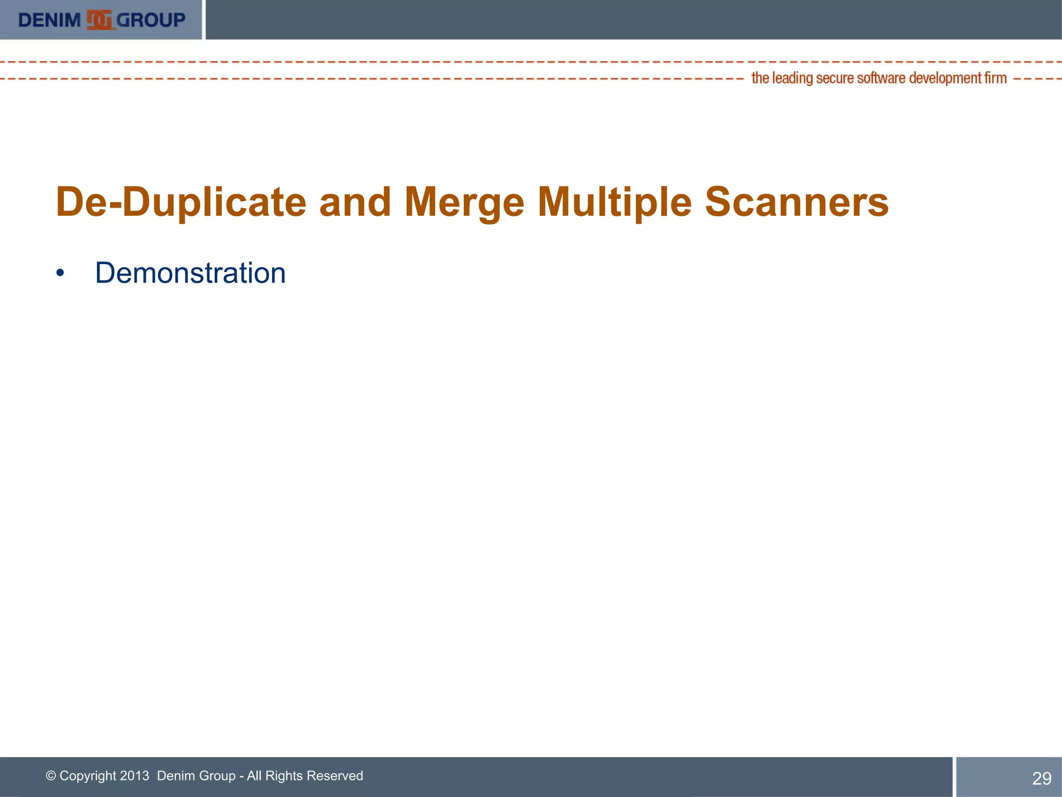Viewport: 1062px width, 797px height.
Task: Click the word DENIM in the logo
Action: pyautogui.click(x=49, y=20)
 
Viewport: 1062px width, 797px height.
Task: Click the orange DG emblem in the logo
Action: pyautogui.click(x=99, y=20)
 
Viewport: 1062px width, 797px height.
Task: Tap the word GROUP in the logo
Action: pyautogui.click(x=151, y=20)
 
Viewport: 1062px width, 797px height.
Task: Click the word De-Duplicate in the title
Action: pyautogui.click(x=181, y=202)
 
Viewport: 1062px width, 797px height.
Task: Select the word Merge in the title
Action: pyautogui.click(x=464, y=202)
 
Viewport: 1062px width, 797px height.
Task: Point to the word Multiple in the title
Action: pyautogui.click(x=614, y=202)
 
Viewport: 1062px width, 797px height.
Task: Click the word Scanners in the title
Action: pyautogui.click(x=796, y=202)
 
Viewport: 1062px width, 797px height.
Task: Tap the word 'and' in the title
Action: pyautogui.click(x=355, y=202)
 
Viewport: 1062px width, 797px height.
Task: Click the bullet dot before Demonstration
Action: pyautogui.click(x=61, y=273)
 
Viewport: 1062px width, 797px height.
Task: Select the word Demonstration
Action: pyautogui.click(x=190, y=273)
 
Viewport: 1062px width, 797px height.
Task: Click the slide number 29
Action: pyautogui.click(x=1041, y=778)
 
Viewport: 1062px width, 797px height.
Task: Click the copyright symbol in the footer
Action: pyautogui.click(x=51, y=776)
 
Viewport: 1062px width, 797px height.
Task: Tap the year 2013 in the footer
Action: pyautogui.click(x=134, y=776)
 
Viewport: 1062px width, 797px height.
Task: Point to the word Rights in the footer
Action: pyautogui.click(x=284, y=776)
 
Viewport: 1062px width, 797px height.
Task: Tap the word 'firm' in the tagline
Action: pyautogui.click(x=996, y=78)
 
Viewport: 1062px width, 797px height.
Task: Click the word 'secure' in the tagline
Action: pyautogui.click(x=835, y=78)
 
